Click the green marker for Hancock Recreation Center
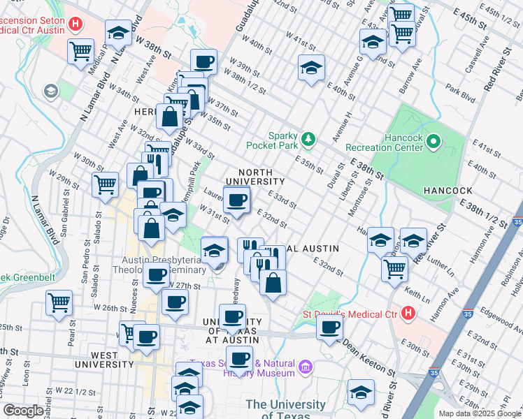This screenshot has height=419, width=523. (434, 142)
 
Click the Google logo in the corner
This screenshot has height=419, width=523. (22, 411)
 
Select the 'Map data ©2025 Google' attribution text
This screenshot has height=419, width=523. (479, 413)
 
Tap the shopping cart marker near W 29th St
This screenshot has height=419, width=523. (105, 185)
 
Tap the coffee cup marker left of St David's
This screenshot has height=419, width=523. (329, 326)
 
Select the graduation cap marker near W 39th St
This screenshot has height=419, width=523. (311, 68)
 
